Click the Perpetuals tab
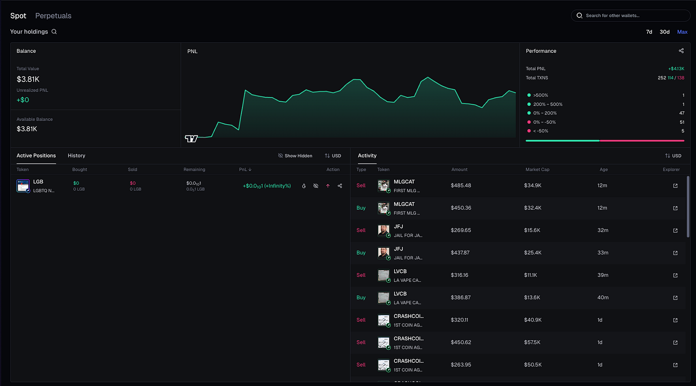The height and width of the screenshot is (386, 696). pyautogui.click(x=53, y=16)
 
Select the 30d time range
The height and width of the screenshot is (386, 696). pyautogui.click(x=665, y=32)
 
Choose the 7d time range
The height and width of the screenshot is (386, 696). pyautogui.click(x=649, y=32)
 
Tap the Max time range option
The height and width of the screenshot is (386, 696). pyautogui.click(x=682, y=32)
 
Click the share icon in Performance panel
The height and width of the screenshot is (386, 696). pyautogui.click(x=681, y=51)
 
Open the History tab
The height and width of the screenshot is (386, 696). pyautogui.click(x=77, y=155)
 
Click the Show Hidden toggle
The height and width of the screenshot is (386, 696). pyautogui.click(x=295, y=155)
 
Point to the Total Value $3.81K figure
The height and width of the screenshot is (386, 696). pyautogui.click(x=28, y=79)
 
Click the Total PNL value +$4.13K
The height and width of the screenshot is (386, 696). pyautogui.click(x=676, y=69)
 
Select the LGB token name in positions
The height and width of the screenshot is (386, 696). pyautogui.click(x=38, y=182)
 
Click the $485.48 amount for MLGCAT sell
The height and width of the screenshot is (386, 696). pyautogui.click(x=461, y=185)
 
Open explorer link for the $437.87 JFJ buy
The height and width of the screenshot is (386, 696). pyautogui.click(x=675, y=253)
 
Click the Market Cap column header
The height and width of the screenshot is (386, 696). pyautogui.click(x=537, y=169)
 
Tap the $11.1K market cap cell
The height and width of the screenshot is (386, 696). pyautogui.click(x=531, y=275)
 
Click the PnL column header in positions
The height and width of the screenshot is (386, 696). pyautogui.click(x=245, y=169)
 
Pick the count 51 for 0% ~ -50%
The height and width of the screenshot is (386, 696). pyautogui.click(x=682, y=122)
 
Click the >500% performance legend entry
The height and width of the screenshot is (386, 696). pyautogui.click(x=540, y=95)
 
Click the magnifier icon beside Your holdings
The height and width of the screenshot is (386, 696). pyautogui.click(x=54, y=32)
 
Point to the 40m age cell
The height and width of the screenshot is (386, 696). pyautogui.click(x=603, y=298)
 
